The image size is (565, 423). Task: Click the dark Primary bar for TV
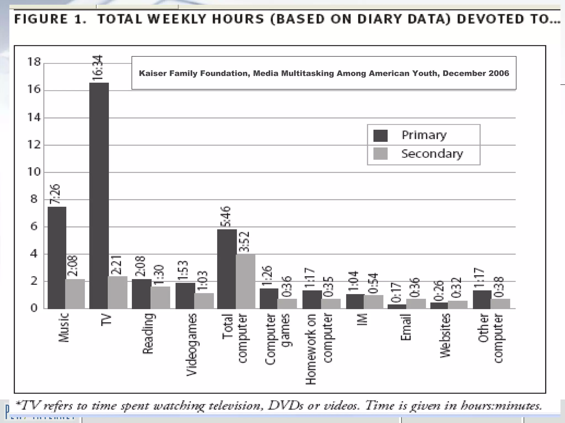tap(99, 196)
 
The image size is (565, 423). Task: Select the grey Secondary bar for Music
tap(75, 294)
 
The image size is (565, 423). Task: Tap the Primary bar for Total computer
tap(227, 269)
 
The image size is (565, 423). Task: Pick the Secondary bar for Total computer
tap(245, 281)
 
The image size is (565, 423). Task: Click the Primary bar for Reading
tap(141, 294)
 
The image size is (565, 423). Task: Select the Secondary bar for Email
tap(416, 303)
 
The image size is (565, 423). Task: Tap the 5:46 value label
tap(226, 216)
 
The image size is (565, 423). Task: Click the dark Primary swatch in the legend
tap(380, 136)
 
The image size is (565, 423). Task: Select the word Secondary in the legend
tap(432, 154)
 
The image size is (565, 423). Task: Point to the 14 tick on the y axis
tap(34, 118)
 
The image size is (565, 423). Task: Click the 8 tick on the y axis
tap(34, 199)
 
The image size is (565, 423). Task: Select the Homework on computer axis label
tap(319, 348)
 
